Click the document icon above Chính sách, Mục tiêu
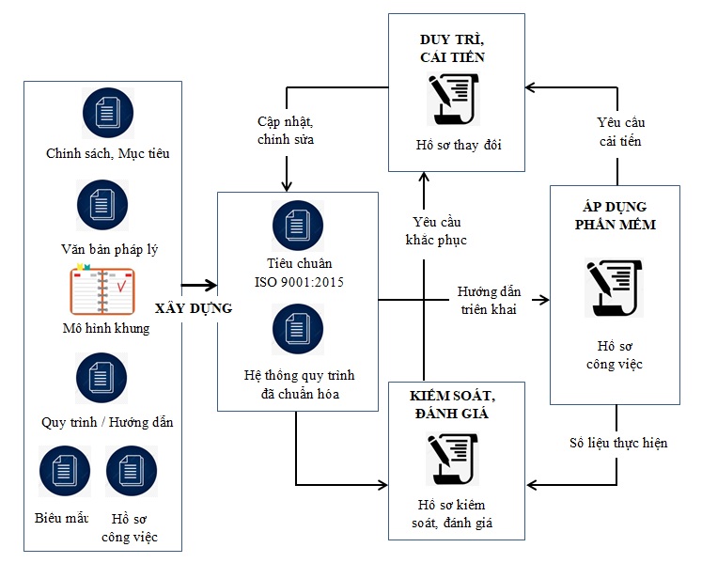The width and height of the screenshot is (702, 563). coord(106,113)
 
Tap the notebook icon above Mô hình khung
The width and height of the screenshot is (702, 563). coord(102,291)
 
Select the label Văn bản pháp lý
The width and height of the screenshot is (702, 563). coord(103,249)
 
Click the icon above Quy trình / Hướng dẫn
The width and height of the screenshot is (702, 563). coord(102,378)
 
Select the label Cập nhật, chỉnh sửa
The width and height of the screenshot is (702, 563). coord(285,131)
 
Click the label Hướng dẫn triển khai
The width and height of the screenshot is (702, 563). coord(489,300)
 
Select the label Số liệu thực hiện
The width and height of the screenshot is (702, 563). coord(618,443)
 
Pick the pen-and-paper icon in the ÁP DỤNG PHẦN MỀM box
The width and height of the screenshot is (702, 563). coord(613,288)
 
